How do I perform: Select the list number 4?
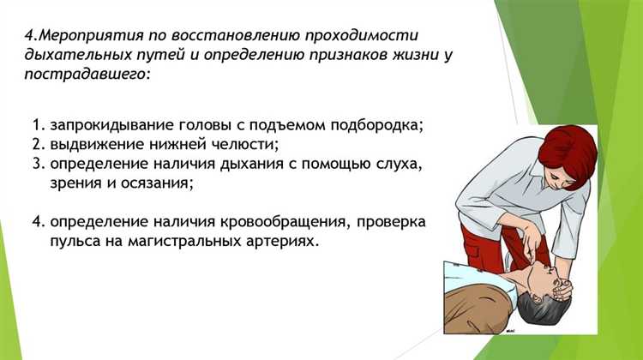tap(37, 222)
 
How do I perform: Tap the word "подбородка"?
tap(378, 125)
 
